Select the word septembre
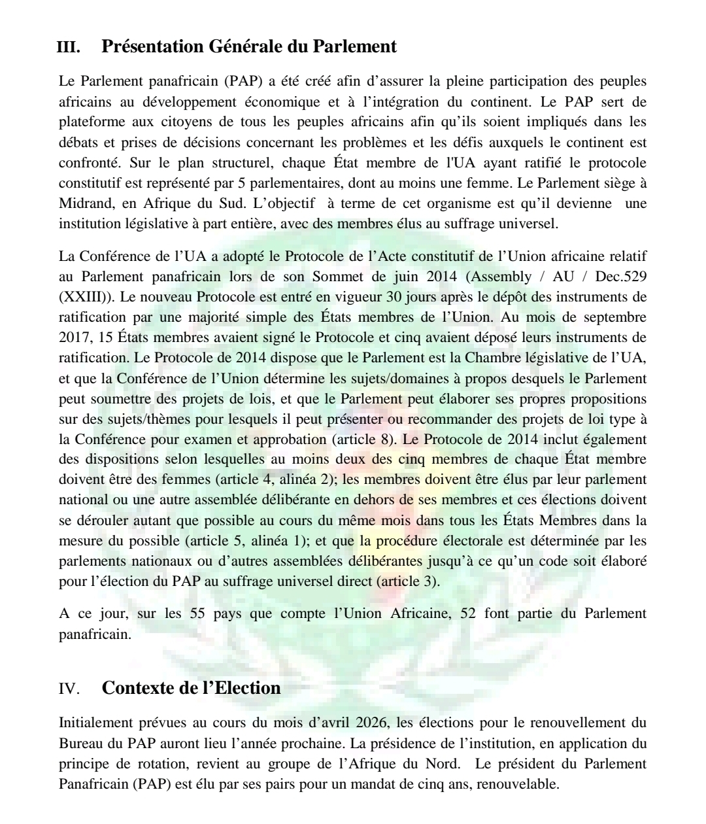(614, 317)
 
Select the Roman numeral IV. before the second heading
(69, 689)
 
